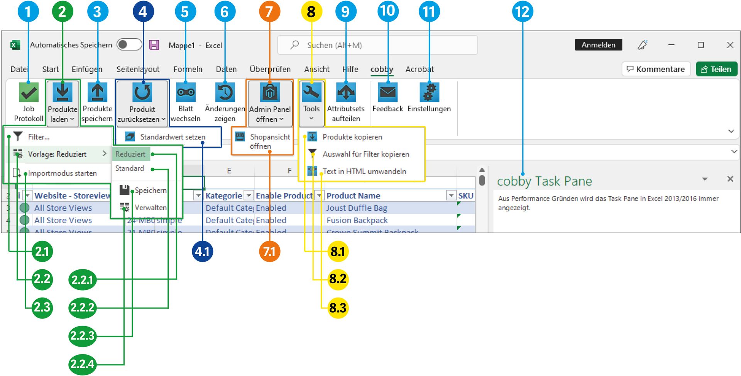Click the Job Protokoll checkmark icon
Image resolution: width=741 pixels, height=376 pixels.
(29, 93)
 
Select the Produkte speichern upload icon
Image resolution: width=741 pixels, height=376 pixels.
(97, 93)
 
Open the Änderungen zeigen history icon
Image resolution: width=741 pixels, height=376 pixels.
(225, 93)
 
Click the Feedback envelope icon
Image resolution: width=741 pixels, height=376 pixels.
(387, 93)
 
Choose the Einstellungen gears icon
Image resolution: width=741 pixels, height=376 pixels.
(429, 93)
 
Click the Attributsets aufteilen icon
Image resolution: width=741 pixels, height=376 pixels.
(345, 93)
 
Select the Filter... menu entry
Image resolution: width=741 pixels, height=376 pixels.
(39, 137)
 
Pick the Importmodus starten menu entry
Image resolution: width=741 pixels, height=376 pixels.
(62, 173)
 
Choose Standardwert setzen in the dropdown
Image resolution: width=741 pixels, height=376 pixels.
(172, 137)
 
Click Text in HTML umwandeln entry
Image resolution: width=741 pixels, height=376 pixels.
(364, 171)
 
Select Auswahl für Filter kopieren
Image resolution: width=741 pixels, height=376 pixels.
(365, 154)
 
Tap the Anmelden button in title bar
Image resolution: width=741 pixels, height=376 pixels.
(598, 45)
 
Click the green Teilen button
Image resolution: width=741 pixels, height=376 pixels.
(716, 69)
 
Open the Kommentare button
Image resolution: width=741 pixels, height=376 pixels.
(656, 69)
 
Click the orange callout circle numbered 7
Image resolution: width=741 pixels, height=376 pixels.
(269, 12)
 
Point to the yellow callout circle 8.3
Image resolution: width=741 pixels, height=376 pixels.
(338, 308)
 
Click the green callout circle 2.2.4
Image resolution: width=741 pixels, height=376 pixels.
(82, 364)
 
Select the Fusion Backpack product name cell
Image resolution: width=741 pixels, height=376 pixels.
(357, 220)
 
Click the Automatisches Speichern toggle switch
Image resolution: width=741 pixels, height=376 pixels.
(129, 45)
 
